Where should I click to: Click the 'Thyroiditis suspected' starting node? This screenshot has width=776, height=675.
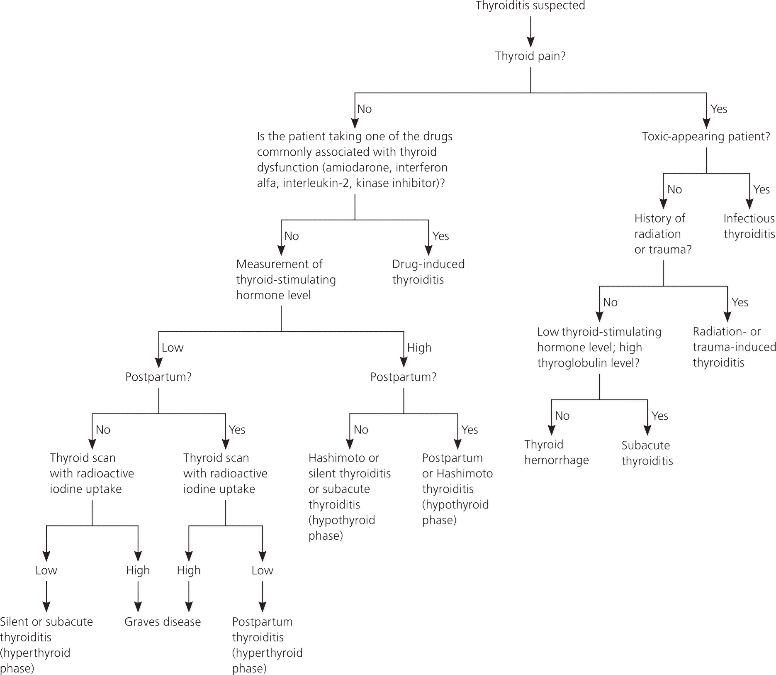pos(530,6)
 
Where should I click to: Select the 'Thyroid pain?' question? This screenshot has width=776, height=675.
pos(530,56)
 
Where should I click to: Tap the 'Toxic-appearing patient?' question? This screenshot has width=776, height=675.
pos(705,136)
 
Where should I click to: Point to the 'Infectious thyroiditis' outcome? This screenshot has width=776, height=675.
pos(749,226)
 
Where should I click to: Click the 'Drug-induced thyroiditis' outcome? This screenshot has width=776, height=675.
pos(428,271)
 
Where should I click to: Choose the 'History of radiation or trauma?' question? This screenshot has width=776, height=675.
pos(663,234)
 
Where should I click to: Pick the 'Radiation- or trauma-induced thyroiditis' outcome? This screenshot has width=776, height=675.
pos(734,347)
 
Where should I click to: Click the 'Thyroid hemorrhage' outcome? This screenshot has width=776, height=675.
pos(556,452)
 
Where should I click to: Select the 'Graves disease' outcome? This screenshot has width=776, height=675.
pos(163,621)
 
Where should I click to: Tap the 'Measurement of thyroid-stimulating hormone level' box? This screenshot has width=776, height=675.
pos(286,279)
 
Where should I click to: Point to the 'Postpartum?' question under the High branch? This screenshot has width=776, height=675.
pos(403,377)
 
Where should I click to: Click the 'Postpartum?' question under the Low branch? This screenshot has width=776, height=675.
pos(158,377)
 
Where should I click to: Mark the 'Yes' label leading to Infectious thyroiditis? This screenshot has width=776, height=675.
pos(761,189)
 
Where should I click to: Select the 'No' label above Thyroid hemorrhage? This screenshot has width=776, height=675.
pos(562,416)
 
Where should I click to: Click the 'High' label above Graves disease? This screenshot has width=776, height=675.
pos(138,570)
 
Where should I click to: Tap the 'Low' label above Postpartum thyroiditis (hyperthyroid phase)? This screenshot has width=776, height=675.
pos(262,570)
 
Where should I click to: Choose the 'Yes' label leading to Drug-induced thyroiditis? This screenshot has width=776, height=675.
pos(440,236)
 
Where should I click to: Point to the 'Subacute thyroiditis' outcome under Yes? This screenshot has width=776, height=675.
pos(647,453)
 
